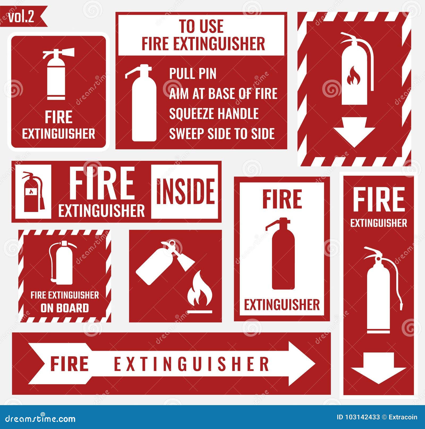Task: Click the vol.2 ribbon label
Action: (x=21, y=17)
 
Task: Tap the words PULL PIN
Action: (x=193, y=73)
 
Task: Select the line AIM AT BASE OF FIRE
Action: (x=223, y=94)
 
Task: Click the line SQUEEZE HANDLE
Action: (x=214, y=114)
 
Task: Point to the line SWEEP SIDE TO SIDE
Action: (x=222, y=133)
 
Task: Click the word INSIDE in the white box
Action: (x=185, y=191)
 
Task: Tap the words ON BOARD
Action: (x=65, y=308)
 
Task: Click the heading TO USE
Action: (x=201, y=26)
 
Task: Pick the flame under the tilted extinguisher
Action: (x=200, y=292)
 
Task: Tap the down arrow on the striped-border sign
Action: (x=354, y=132)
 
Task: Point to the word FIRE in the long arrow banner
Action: (x=70, y=364)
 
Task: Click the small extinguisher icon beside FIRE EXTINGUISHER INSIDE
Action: (x=33, y=192)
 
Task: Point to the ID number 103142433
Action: (x=362, y=417)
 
